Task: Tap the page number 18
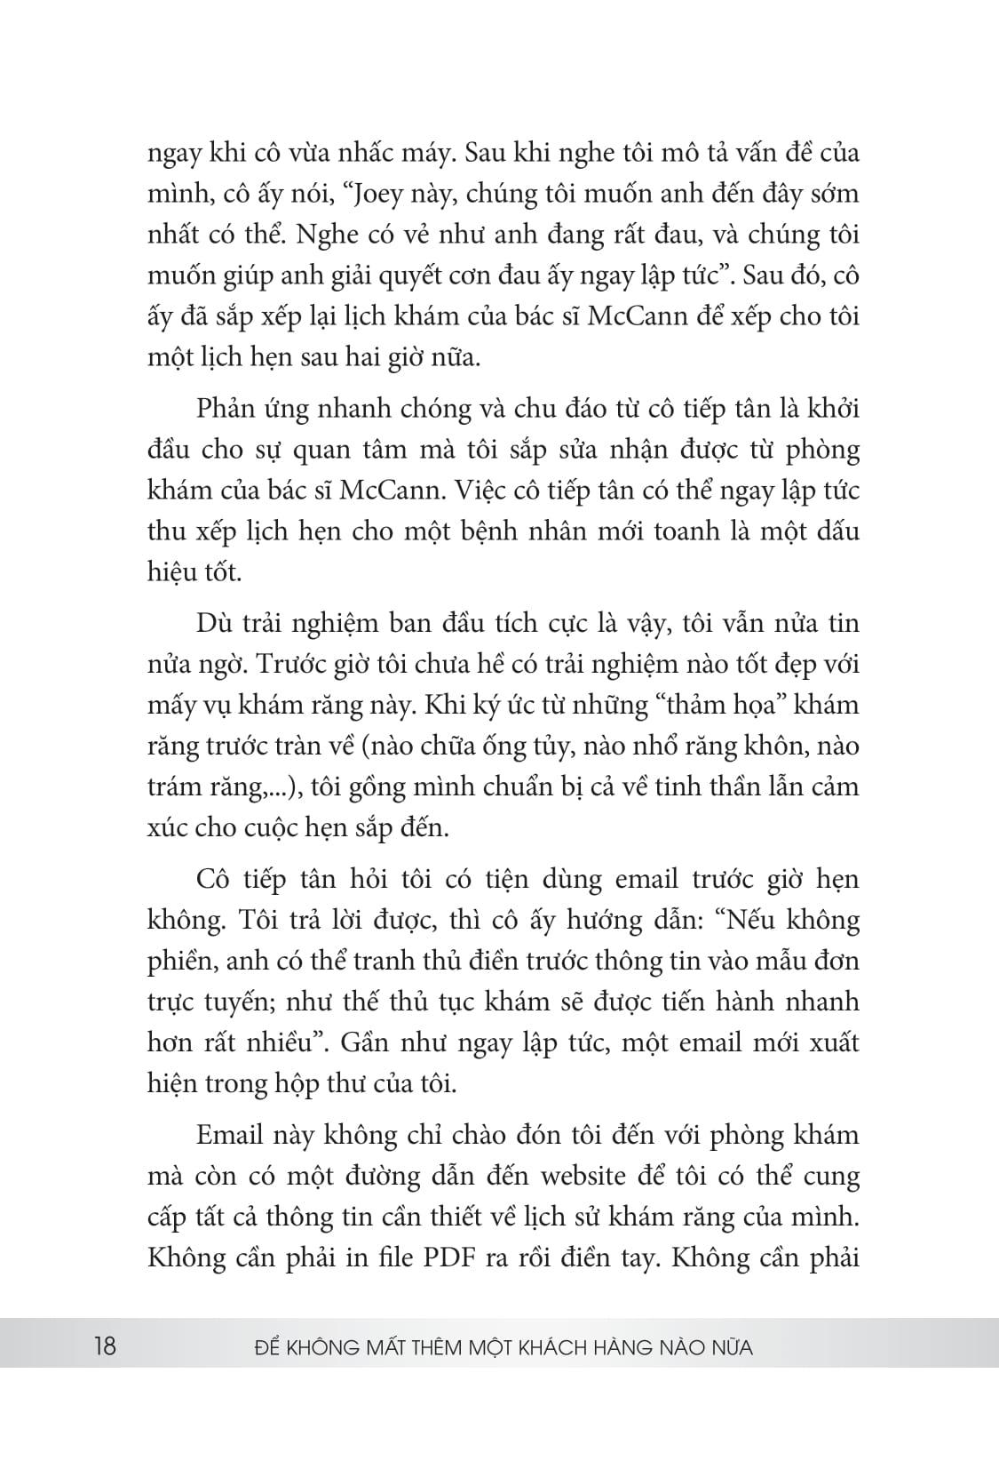point(104,1346)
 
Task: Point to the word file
point(394,1258)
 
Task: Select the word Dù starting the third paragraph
point(213,624)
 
